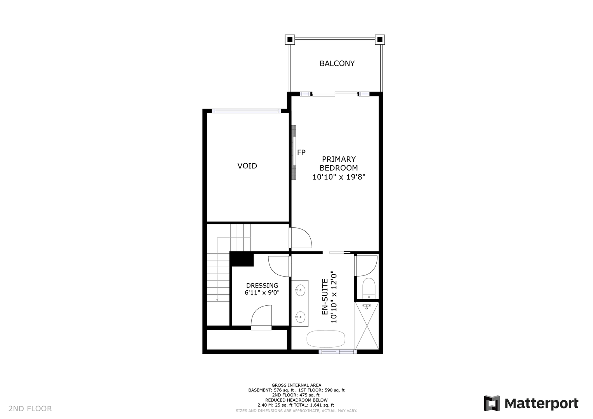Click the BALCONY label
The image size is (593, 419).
tap(337, 64)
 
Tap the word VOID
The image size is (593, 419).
tap(247, 166)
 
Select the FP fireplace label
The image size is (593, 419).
tap(301, 152)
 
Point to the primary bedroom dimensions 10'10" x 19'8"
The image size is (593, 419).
tap(339, 177)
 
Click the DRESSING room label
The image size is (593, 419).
tap(262, 286)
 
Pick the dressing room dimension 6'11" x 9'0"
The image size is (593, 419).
tap(262, 293)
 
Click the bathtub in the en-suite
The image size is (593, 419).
tap(326, 339)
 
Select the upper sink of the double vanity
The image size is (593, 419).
tap(300, 291)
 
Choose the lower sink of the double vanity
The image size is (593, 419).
tap(300, 317)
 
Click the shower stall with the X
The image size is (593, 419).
tap(367, 326)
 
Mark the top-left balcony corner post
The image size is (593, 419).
tap(290, 40)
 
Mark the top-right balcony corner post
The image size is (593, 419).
tap(380, 40)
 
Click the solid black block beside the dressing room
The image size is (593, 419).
tap(242, 259)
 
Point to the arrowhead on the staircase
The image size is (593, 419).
tap(217, 300)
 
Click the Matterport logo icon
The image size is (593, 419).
tap(492, 403)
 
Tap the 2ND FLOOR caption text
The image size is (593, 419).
tap(30, 409)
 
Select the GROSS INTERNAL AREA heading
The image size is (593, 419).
tap(297, 385)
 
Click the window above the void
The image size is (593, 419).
tap(247, 111)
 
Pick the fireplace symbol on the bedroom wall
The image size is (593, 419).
tap(294, 152)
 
